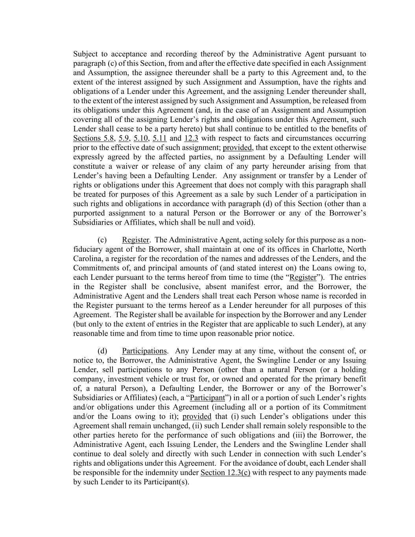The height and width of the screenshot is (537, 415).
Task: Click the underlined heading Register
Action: (x=135, y=240)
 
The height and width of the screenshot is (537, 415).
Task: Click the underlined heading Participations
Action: (x=144, y=351)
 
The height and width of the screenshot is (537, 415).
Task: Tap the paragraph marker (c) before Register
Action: (x=102, y=240)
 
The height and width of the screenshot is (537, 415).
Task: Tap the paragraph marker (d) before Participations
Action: (x=102, y=351)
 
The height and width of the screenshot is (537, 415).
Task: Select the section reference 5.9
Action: (x=124, y=138)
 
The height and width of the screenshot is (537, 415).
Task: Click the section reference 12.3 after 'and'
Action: (x=191, y=138)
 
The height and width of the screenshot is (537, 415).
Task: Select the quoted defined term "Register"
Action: (x=303, y=277)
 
